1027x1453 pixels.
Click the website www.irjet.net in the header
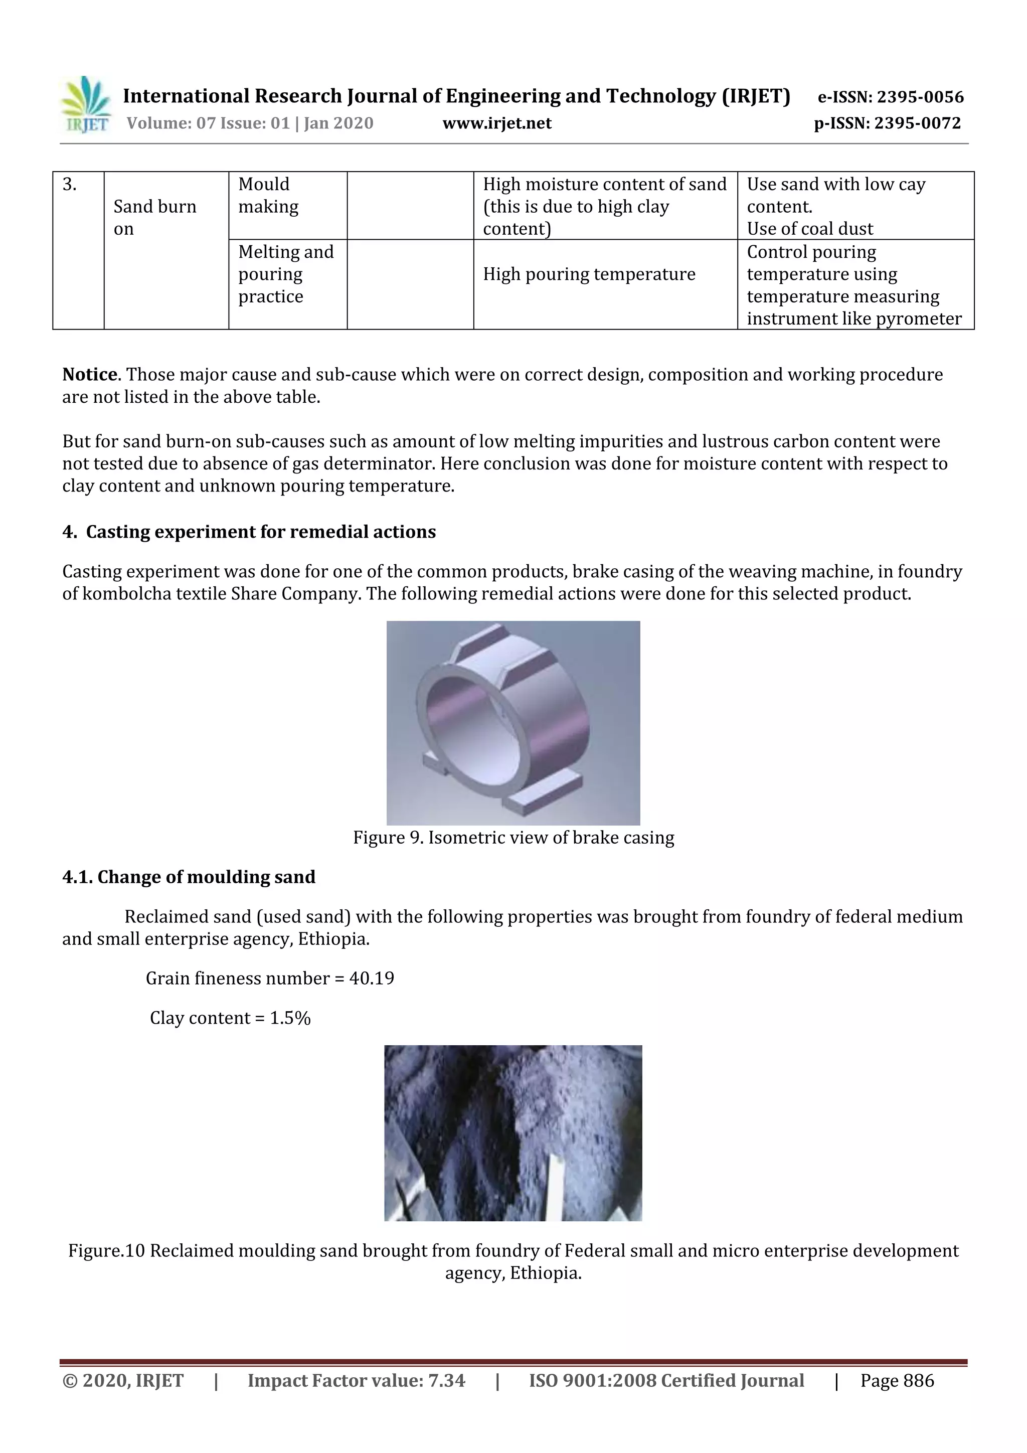(x=497, y=123)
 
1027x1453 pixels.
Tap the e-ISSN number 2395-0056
(x=919, y=97)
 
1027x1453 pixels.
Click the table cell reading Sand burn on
(x=154, y=217)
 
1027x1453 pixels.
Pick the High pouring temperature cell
(x=589, y=274)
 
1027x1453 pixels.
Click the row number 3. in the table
(x=70, y=184)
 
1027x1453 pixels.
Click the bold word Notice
(x=90, y=374)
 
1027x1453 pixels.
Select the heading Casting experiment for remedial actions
(x=260, y=532)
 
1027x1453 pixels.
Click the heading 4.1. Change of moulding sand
(x=189, y=877)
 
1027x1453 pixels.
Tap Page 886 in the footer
(x=897, y=1380)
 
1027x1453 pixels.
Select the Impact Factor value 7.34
(x=446, y=1380)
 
